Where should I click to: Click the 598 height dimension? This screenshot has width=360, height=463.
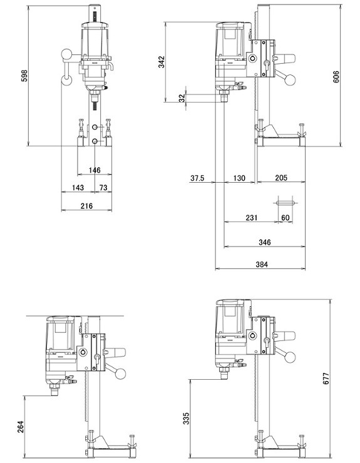pyautogui.click(x=24, y=76)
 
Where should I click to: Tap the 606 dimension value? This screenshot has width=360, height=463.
pyautogui.click(x=336, y=77)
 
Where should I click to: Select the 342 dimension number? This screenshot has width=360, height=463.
pyautogui.click(x=162, y=62)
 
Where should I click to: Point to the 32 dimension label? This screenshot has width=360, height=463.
pyautogui.click(x=182, y=98)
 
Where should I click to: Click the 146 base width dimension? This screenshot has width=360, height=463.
pyautogui.click(x=95, y=170)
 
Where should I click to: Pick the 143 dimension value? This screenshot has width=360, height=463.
pyautogui.click(x=78, y=188)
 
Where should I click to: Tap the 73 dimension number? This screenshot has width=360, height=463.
pyautogui.click(x=103, y=188)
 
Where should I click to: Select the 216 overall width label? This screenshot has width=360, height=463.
pyautogui.click(x=86, y=205)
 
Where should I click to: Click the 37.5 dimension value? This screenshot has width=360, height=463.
pyautogui.click(x=197, y=178)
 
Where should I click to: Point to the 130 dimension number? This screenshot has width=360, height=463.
pyautogui.click(x=239, y=178)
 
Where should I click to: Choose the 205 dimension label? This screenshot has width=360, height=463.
pyautogui.click(x=281, y=178)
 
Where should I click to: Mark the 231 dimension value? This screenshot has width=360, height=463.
pyautogui.click(x=252, y=218)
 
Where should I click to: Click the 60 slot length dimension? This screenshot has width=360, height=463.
pyautogui.click(x=285, y=218)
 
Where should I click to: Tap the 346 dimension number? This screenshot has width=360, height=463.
pyautogui.click(x=265, y=242)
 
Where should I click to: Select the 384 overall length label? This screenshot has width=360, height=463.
pyautogui.click(x=262, y=264)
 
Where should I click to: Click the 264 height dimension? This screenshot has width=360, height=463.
pyautogui.click(x=20, y=427)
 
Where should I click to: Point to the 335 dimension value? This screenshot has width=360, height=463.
pyautogui.click(x=186, y=419)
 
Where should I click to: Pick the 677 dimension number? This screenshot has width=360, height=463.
pyautogui.click(x=326, y=379)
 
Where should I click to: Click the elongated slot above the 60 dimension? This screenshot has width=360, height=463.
pyautogui.click(x=285, y=203)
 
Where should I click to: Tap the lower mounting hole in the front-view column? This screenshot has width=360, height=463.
pyautogui.click(x=95, y=142)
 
